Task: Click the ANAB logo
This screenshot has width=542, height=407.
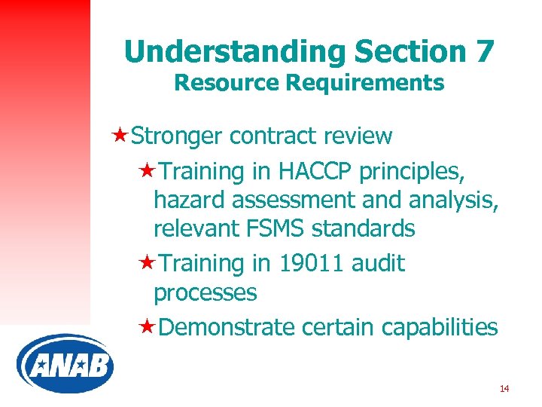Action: click(x=65, y=364)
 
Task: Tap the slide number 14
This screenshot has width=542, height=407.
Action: click(x=504, y=389)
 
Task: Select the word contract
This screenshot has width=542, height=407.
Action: click(x=274, y=136)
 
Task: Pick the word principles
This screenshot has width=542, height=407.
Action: click(x=412, y=173)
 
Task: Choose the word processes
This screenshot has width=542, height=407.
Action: click(x=205, y=292)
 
